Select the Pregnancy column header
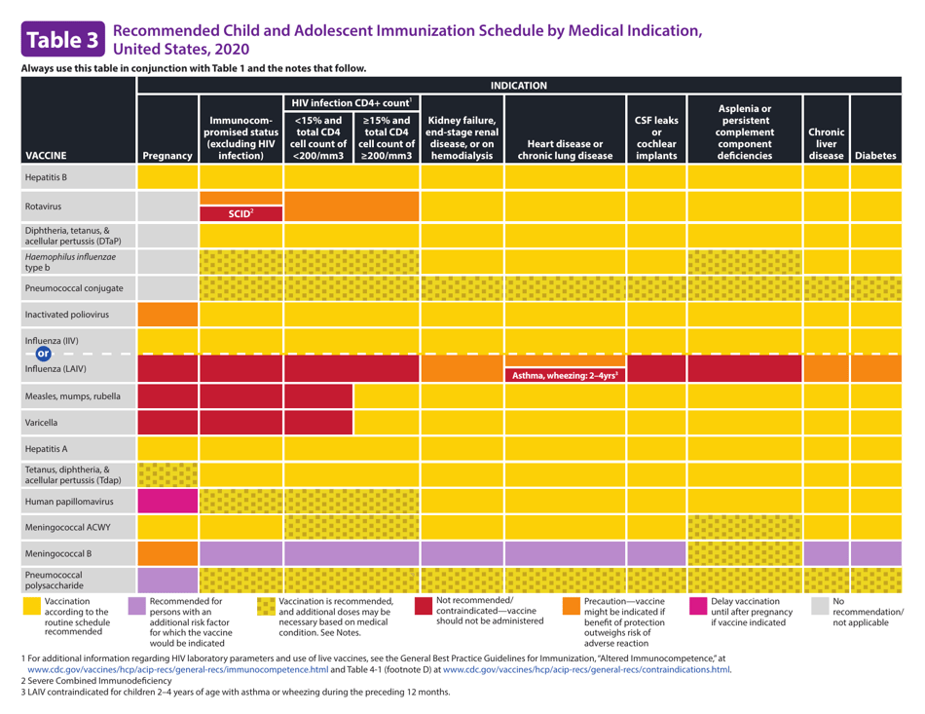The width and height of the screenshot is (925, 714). [167, 154]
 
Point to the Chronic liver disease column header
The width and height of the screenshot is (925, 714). [826, 143]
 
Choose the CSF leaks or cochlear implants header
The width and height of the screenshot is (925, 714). [655, 136]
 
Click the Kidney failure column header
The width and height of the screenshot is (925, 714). [461, 136]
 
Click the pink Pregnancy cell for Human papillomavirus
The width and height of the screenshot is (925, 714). [167, 501]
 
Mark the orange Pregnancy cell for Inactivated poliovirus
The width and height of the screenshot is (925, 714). [167, 315]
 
